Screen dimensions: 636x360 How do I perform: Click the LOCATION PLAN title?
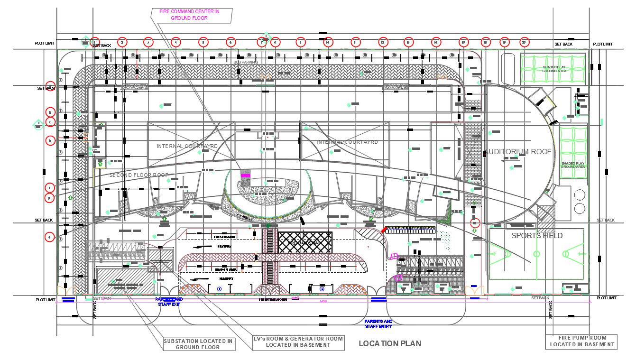coord(389,343)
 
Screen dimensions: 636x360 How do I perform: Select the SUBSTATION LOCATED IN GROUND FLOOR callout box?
coord(198,344)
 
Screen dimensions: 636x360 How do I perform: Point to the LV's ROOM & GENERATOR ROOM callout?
coord(298,342)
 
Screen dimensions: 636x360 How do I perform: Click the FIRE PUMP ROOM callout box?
coord(581,342)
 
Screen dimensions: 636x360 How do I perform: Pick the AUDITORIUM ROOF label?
coord(519,152)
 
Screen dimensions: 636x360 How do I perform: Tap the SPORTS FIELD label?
coord(536,236)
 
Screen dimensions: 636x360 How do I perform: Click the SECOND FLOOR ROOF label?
coord(139,175)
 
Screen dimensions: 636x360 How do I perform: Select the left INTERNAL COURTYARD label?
coord(187,146)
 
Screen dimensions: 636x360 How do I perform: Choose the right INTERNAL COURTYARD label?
coord(347,142)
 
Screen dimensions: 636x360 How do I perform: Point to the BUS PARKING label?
coord(246,62)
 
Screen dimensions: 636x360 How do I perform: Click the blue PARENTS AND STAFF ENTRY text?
coord(378,324)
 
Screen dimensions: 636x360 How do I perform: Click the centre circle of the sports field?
coord(536,254)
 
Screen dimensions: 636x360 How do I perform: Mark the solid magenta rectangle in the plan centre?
coord(245,175)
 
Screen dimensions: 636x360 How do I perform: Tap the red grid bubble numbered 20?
coord(524,42)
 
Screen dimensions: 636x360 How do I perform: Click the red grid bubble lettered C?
coord(50,122)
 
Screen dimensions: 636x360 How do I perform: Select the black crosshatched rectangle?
coord(304,242)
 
